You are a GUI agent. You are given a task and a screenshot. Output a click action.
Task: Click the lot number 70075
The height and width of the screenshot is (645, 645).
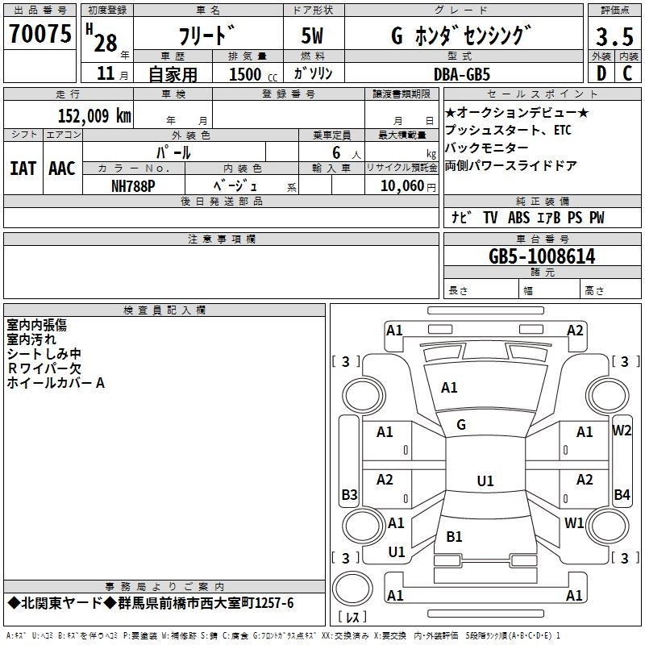tap(41, 33)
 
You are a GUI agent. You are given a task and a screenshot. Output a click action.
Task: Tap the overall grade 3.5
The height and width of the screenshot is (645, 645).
tap(614, 37)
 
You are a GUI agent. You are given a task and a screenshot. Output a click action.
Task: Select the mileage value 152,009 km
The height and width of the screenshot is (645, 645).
tap(94, 115)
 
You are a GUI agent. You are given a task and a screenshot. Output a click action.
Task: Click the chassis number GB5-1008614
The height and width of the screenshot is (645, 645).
tap(542, 256)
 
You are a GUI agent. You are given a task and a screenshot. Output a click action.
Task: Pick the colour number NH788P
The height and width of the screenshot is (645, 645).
tap(133, 185)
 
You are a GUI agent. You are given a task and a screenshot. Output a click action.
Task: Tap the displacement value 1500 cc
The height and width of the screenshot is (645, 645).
tap(249, 74)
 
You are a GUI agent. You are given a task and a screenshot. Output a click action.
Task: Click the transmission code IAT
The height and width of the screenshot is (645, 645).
tap(23, 169)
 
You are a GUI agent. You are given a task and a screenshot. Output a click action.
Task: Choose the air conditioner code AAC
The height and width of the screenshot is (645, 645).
tap(62, 169)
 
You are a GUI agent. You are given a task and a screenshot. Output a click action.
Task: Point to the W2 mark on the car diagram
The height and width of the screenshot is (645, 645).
tap(622, 430)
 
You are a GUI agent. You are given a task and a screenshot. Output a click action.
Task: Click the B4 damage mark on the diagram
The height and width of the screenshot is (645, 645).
tap(622, 494)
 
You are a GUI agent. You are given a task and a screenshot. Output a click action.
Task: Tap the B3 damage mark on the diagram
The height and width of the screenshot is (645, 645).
tap(349, 494)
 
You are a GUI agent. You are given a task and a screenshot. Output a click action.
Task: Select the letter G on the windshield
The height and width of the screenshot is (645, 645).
tap(461, 425)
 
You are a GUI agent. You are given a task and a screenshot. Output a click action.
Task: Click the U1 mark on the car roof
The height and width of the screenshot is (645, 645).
tap(485, 481)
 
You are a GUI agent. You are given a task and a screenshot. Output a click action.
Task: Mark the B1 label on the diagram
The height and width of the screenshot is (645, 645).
tap(455, 536)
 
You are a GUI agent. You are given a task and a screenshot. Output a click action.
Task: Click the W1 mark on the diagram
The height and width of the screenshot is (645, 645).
tap(574, 522)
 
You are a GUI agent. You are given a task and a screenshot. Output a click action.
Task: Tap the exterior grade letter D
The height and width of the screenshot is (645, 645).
tap(601, 73)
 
